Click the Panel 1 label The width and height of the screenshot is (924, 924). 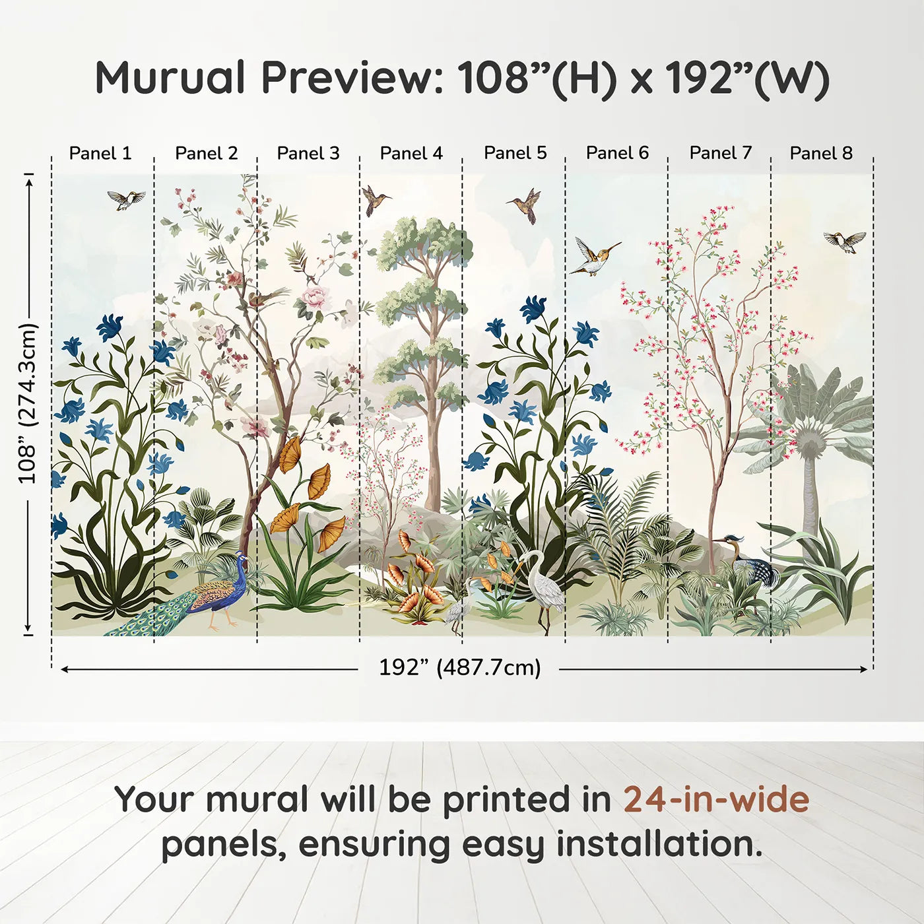100,153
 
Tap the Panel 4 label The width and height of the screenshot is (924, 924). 411,153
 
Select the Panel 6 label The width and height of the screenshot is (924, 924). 617,152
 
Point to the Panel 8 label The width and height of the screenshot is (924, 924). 822,153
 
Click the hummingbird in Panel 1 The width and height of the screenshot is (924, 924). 126,199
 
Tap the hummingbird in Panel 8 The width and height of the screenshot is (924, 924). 845,241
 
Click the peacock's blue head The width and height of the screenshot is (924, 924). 241,560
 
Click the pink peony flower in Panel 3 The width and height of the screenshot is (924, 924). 315,297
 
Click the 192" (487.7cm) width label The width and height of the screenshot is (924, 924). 459,667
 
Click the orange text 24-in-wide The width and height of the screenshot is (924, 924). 716,800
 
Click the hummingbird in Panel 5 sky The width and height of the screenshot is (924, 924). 525,205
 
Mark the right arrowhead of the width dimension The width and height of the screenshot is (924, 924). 864,669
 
